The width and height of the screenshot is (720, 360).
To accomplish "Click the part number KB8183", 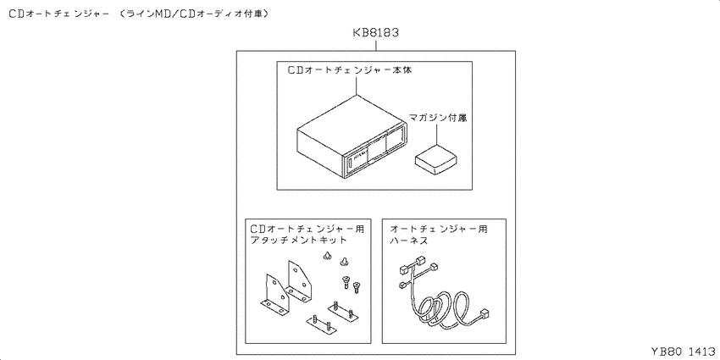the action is tap(375, 33).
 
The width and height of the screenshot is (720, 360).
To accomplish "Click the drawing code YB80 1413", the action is tap(684, 352).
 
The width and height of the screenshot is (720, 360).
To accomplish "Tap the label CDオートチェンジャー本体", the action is tap(352, 70).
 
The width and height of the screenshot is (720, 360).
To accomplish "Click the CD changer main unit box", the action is tap(352, 137).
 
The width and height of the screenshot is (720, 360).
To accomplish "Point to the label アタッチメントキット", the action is tap(298, 241).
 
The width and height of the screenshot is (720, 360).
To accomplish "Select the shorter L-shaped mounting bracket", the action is tap(274, 296).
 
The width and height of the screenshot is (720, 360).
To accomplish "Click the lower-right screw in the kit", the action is tap(357, 287).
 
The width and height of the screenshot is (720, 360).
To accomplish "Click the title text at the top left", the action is tap(139, 14).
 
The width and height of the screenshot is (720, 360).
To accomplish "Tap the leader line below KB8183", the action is tap(377, 45).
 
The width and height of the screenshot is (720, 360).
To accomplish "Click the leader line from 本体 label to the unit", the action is tap(357, 86).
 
